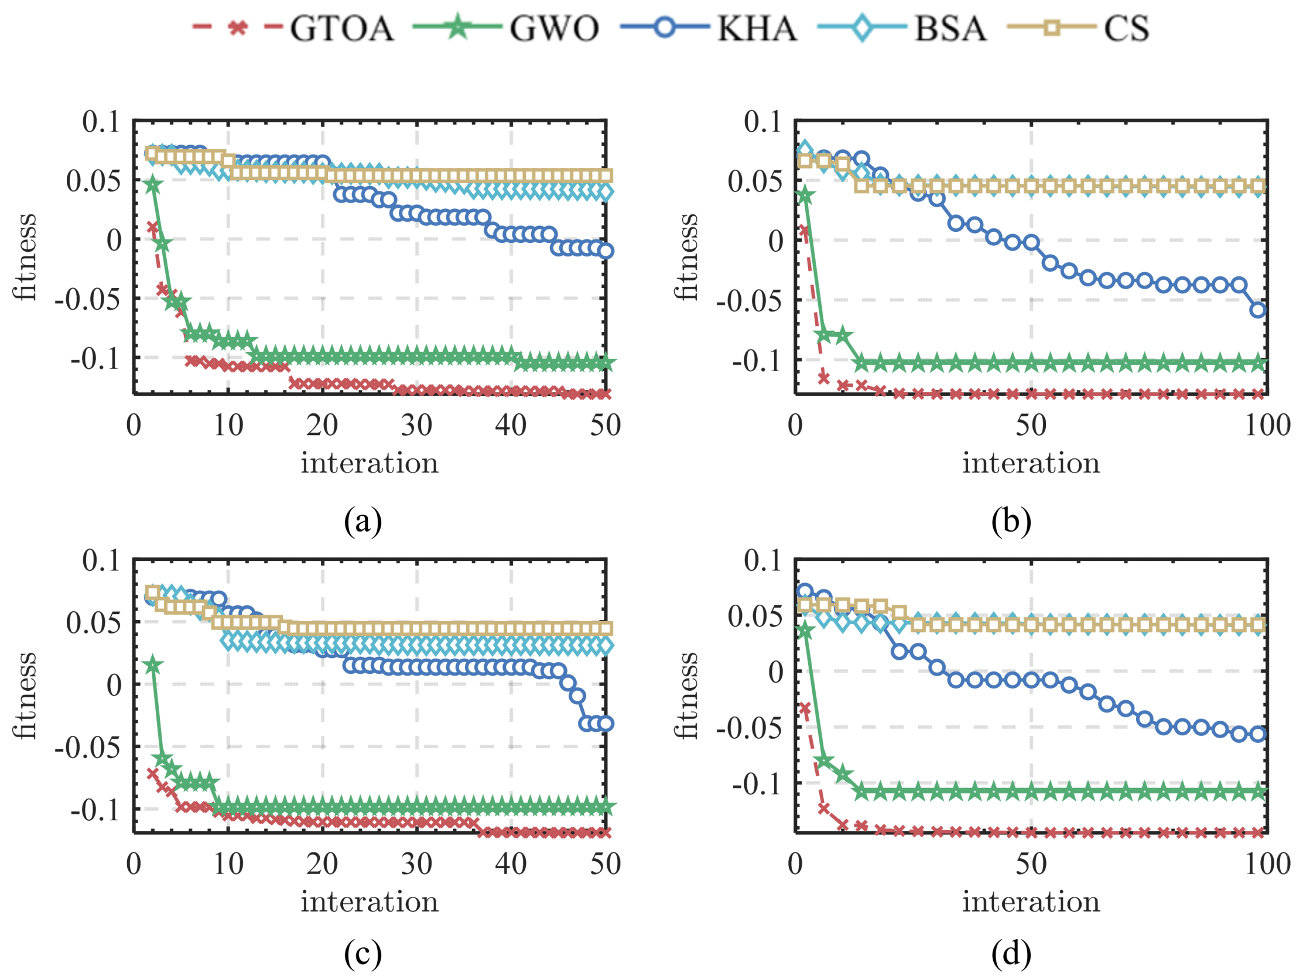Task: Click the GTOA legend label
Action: tap(341, 28)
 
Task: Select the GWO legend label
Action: tap(555, 28)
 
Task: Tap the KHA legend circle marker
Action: tap(665, 28)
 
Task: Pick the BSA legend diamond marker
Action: tap(862, 28)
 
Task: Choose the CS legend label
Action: tap(1126, 28)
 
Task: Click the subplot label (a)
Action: tap(363, 520)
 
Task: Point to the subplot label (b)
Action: tap(1011, 520)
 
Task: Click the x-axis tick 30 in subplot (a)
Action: tap(416, 425)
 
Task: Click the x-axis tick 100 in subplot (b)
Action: tap(1267, 425)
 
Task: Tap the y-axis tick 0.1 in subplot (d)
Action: tap(762, 560)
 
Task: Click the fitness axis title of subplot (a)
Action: tap(25, 258)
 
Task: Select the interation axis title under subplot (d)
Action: tap(1031, 902)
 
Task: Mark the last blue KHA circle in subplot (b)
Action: tap(1258, 310)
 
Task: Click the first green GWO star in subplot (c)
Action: tap(153, 666)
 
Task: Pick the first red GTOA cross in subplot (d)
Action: tap(805, 708)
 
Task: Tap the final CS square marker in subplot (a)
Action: tap(605, 176)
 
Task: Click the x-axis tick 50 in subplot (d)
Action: tap(1031, 865)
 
